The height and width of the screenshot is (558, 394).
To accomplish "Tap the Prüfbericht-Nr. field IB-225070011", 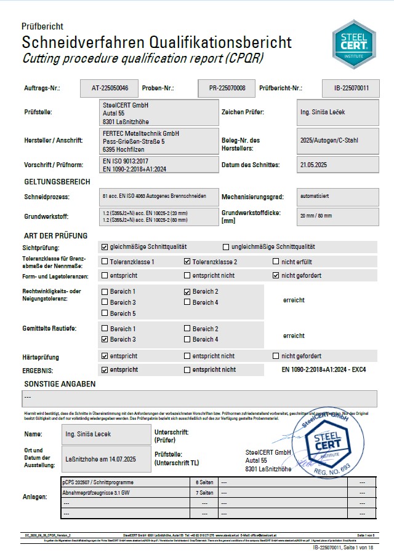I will (351, 88).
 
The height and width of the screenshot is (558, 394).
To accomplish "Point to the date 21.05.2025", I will (337, 165).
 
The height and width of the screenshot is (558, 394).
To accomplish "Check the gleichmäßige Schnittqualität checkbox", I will (104, 247).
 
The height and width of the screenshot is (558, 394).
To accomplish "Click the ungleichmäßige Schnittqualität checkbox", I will (226, 247).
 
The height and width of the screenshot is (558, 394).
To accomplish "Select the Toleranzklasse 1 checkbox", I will (104, 262).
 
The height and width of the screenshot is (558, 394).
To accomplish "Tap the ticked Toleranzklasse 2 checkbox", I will (187, 262).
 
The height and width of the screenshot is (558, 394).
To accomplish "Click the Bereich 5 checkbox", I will (104, 313).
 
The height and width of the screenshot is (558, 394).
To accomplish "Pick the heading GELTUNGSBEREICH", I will (57, 182).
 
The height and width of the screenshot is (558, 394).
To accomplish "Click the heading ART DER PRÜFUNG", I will (55, 235).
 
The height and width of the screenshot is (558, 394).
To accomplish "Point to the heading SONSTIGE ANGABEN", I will (60, 383).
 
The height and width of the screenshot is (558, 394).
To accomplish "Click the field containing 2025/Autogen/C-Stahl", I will (337, 141).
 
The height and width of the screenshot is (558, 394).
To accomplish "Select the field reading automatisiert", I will (337, 197).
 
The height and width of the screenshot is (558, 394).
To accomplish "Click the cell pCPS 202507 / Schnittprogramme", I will (123, 482).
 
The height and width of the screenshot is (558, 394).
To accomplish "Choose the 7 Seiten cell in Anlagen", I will (204, 493).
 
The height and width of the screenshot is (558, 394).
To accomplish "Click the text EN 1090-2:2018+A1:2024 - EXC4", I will (324, 370).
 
